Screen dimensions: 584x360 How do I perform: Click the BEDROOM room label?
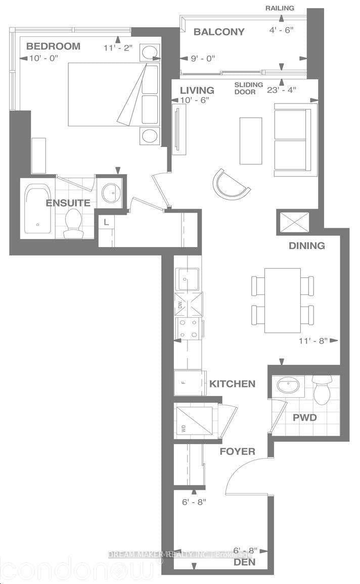(53, 46)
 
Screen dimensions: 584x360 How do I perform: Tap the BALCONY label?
(219, 32)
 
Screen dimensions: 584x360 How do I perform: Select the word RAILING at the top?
(280, 8)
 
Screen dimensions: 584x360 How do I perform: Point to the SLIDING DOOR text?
(249, 88)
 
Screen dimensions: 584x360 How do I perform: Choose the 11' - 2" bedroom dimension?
(118, 49)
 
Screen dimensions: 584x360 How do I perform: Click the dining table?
(282, 300)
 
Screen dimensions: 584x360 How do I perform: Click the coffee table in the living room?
(251, 140)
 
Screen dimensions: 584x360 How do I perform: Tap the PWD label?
(305, 418)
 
